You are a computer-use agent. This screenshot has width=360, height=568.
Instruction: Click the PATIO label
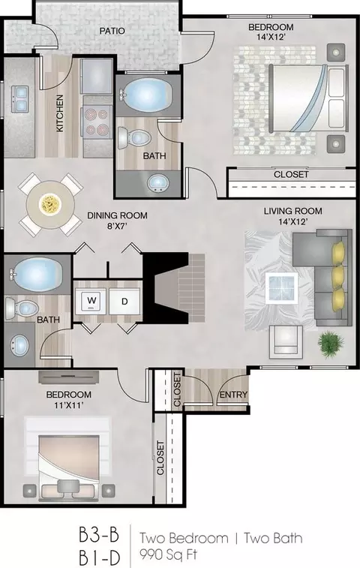point(112,32)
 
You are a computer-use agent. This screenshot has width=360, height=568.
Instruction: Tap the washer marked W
point(91,301)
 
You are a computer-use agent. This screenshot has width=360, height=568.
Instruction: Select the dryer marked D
point(124,301)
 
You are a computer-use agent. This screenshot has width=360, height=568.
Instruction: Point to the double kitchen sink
point(20,100)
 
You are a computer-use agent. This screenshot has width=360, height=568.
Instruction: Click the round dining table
point(50,205)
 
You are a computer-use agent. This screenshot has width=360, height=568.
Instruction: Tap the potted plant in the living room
point(331,343)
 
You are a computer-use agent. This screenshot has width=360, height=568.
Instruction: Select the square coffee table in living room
point(281,288)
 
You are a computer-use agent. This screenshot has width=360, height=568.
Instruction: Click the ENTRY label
point(233,395)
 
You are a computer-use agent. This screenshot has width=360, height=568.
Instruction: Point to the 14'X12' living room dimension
point(293,221)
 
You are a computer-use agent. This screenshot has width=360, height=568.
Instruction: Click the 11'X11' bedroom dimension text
point(69,405)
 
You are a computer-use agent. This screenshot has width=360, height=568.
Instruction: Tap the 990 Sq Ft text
point(169,554)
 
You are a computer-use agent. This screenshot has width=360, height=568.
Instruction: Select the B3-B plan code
point(99,535)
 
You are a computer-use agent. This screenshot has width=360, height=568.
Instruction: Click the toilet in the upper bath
point(134,137)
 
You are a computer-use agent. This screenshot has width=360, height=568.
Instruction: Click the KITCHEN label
point(60,113)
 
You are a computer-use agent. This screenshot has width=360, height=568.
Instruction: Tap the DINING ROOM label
point(117,215)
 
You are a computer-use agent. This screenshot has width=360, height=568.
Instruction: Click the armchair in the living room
point(286,342)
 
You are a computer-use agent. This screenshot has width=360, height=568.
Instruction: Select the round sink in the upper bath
point(158,183)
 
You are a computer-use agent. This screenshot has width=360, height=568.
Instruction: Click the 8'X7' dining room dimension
point(116,227)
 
